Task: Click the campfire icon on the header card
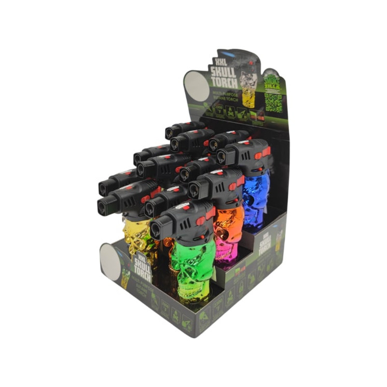(x=241, y=115)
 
